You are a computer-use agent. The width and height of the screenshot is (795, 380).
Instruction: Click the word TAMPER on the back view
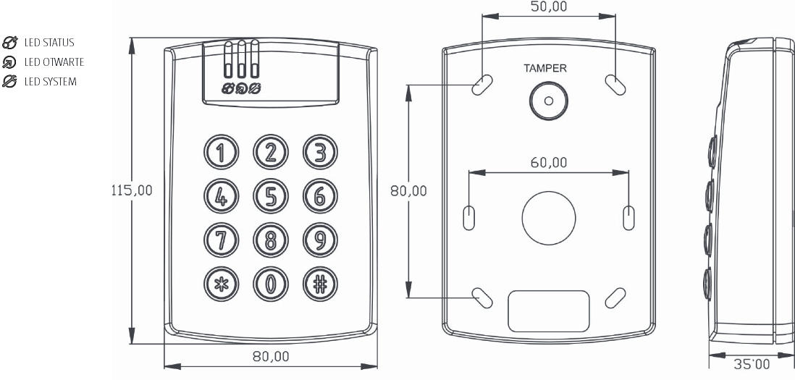(545, 69)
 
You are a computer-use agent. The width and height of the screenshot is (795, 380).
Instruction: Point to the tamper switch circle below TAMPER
(548, 101)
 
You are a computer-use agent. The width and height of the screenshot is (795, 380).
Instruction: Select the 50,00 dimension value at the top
(549, 7)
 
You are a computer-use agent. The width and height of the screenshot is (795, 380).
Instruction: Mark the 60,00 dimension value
(548, 163)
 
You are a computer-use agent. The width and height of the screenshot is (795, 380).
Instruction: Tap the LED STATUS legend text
(49, 43)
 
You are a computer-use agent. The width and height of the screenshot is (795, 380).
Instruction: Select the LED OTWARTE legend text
(54, 62)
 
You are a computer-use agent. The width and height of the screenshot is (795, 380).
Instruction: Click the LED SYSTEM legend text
(50, 81)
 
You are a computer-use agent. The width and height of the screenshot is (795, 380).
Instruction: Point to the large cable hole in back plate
(548, 216)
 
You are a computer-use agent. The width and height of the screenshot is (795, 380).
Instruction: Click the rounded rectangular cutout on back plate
(548, 311)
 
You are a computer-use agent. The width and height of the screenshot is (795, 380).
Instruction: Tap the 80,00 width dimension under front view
(271, 357)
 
